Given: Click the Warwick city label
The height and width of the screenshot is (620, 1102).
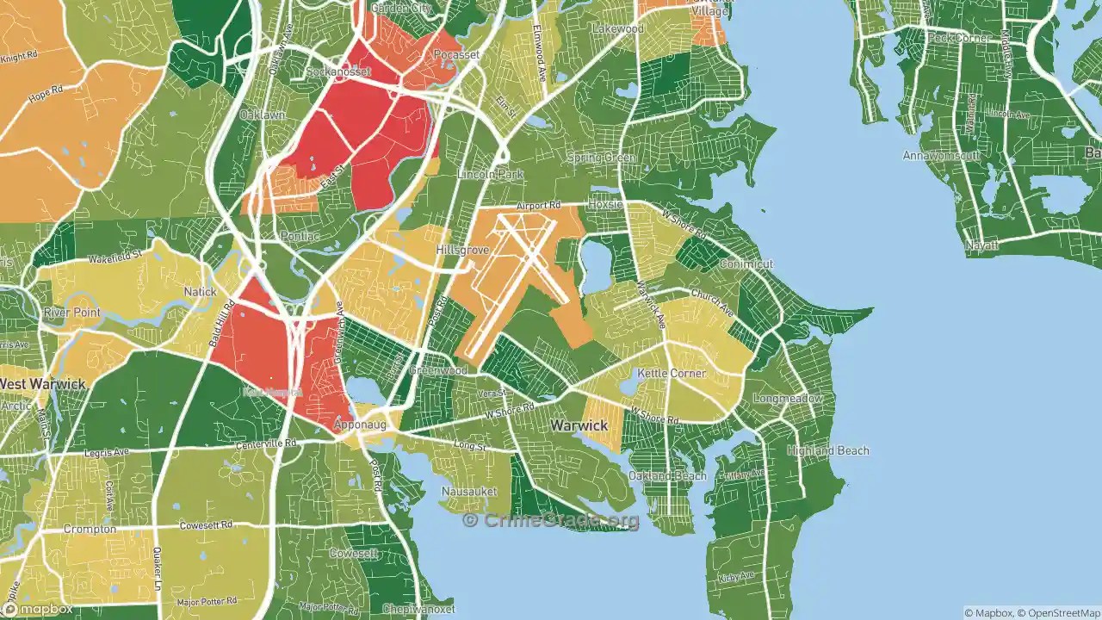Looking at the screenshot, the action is [x=579, y=425].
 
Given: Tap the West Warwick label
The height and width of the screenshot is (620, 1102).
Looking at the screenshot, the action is [x=43, y=383].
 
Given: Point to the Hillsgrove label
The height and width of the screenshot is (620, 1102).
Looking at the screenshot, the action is [x=462, y=250].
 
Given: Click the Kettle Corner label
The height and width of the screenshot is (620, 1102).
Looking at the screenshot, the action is [x=671, y=374].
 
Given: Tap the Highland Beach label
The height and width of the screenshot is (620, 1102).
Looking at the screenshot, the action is [x=827, y=450].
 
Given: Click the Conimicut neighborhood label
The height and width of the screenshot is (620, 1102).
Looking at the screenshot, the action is [x=746, y=263].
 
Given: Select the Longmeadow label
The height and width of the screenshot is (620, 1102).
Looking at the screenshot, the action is [x=788, y=399].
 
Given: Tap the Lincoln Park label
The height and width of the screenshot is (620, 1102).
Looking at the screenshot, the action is [x=490, y=174].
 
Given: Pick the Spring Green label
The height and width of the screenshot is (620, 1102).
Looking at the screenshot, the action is [x=601, y=158].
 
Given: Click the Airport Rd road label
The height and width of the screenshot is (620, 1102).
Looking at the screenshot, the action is [x=538, y=206].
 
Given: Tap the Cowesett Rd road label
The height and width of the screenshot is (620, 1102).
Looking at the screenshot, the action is [x=206, y=525].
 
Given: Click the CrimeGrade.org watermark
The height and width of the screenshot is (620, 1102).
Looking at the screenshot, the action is [x=551, y=520].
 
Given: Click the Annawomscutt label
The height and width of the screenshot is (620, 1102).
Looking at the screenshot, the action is [x=940, y=156].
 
